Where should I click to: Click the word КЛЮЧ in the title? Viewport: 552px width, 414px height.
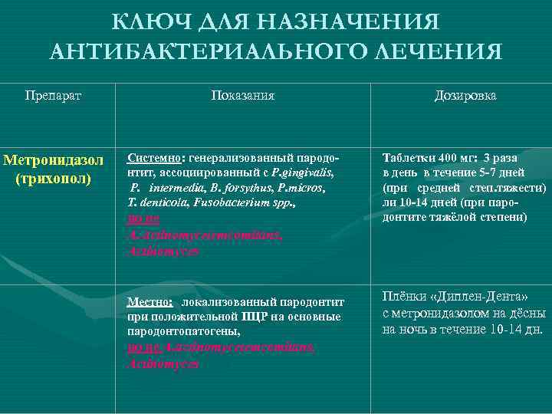point(146,22)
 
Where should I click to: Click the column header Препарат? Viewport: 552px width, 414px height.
point(53,96)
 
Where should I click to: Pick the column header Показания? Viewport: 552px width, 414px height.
point(243,96)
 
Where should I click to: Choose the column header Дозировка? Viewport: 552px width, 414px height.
point(465,96)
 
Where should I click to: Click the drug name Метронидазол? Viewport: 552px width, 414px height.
point(54,162)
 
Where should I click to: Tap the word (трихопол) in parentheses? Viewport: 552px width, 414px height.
point(54,179)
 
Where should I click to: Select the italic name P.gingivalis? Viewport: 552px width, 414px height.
point(304,172)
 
